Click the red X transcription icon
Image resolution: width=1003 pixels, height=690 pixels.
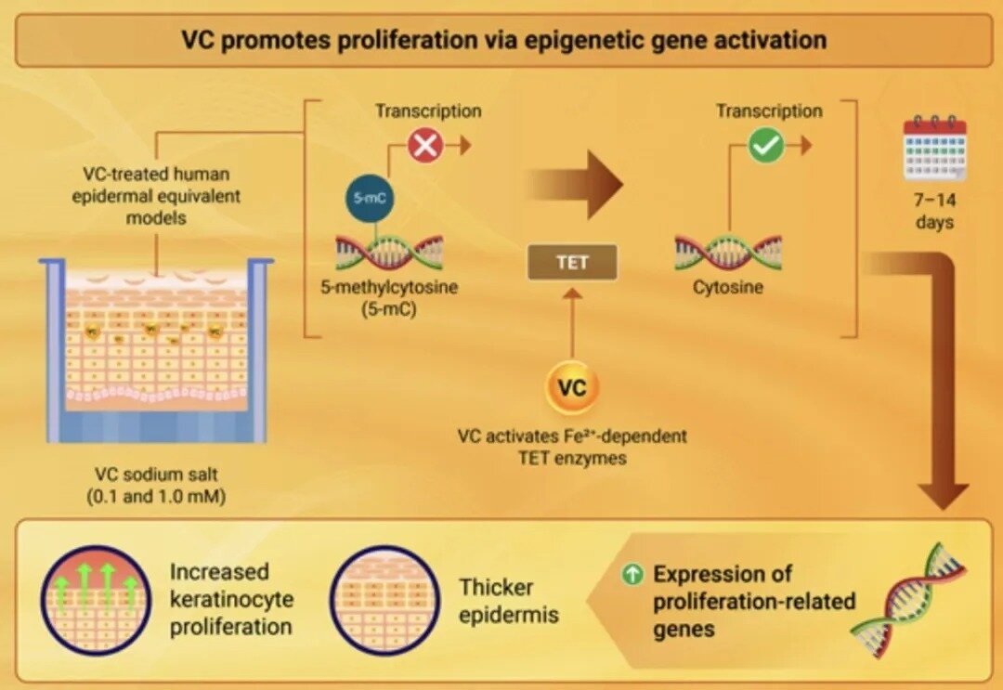click(x=424, y=146)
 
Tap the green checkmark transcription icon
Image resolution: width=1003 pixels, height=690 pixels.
click(x=766, y=146)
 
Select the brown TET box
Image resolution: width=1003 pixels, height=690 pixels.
click(x=572, y=263)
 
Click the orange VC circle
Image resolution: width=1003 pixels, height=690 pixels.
click(x=572, y=387)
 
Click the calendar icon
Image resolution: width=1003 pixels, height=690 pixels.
click(x=935, y=149)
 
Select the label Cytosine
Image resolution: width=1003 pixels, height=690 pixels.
click(x=728, y=287)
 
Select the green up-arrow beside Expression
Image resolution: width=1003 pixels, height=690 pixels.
click(x=632, y=574)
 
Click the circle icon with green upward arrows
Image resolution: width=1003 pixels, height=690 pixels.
click(x=96, y=600)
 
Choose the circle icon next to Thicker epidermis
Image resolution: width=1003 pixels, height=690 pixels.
click(x=385, y=600)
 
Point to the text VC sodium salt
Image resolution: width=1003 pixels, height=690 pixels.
click(x=156, y=474)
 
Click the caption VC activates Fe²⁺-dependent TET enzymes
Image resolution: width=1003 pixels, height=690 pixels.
click(x=572, y=447)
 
